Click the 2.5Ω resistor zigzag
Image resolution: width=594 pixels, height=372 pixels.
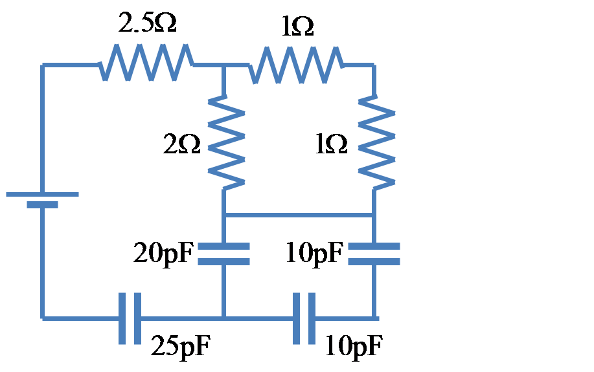coord(146,63)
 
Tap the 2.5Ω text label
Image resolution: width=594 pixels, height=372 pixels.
coord(147,23)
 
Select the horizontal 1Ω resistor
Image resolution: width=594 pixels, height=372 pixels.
coord(296,64)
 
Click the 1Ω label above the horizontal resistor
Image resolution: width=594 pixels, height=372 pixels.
coord(297,27)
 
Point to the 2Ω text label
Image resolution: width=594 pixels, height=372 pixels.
coord(182,146)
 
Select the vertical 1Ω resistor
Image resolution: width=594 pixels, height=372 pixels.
coord(375,142)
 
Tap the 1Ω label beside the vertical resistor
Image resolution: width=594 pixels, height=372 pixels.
coord(331,146)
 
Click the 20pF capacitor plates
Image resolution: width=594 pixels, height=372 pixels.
coord(223,254)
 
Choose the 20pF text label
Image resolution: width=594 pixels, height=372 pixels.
coord(164,253)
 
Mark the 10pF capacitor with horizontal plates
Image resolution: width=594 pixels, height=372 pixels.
coord(374,254)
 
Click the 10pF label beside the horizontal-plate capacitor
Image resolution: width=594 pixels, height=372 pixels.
coord(314,253)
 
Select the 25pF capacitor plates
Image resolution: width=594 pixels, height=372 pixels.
coord(130,318)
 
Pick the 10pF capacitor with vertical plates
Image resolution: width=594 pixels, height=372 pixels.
coord(303,318)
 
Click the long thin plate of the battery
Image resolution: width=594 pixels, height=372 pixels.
coord(42,193)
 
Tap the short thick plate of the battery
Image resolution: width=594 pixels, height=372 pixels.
coord(42,204)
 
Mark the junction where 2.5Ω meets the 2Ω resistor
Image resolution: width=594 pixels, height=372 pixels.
coord(223,65)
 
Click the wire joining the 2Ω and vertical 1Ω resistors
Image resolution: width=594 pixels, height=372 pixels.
coord(298,215)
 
